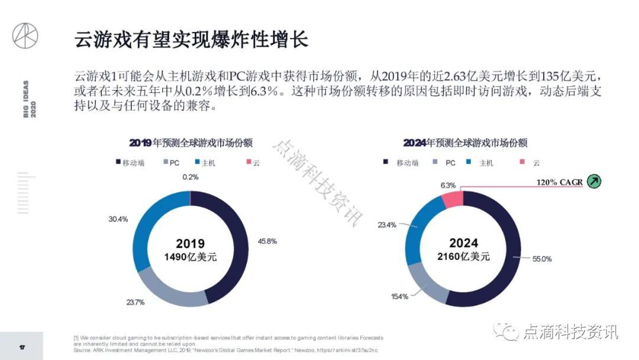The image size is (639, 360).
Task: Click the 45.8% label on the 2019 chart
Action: (x=267, y=242)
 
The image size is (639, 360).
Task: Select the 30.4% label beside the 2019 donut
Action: (x=118, y=219)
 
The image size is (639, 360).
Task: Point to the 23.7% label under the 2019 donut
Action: (x=135, y=303)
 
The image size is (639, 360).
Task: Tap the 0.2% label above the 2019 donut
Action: (x=191, y=177)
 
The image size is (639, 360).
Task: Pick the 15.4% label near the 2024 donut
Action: (x=399, y=296)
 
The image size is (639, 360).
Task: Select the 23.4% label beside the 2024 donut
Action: (x=388, y=225)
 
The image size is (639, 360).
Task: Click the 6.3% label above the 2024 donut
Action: (x=448, y=185)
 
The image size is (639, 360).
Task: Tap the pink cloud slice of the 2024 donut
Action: (x=453, y=199)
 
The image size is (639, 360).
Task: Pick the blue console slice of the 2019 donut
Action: (x=145, y=230)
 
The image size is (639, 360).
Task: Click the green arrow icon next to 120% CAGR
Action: (x=593, y=181)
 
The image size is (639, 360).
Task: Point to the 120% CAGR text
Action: (x=560, y=182)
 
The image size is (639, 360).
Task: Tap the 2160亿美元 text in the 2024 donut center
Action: (x=463, y=256)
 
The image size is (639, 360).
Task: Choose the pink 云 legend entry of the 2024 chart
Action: (x=530, y=163)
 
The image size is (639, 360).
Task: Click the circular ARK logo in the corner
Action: (x=25, y=37)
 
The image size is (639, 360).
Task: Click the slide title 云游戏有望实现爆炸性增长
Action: (x=191, y=41)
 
